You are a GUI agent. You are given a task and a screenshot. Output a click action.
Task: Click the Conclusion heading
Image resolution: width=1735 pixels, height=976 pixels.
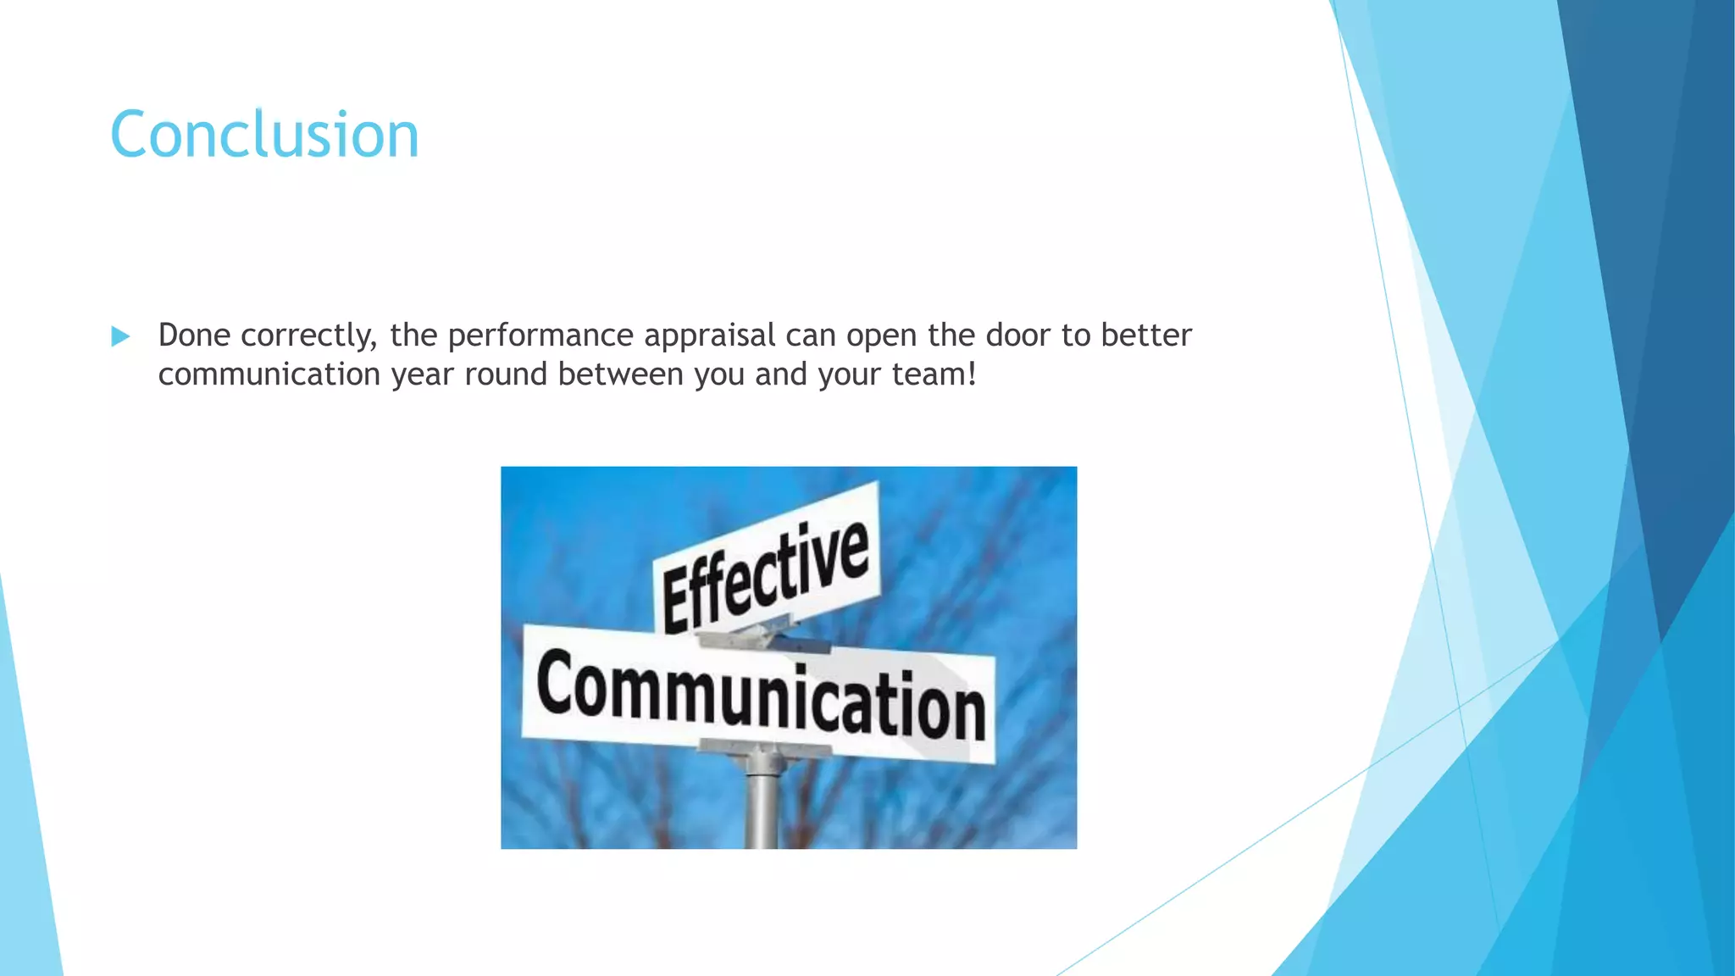point(264,135)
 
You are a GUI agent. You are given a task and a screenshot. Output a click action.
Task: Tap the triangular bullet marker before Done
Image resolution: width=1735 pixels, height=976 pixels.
point(120,336)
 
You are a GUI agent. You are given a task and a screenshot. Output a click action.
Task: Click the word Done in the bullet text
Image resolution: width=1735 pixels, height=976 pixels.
point(194,335)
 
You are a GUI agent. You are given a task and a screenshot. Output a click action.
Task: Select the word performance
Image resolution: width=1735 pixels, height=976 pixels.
point(540,336)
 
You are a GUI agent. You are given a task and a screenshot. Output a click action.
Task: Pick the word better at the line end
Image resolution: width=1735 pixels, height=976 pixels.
point(1145,335)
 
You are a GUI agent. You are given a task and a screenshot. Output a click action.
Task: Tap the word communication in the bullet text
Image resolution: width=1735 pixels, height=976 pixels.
point(269,374)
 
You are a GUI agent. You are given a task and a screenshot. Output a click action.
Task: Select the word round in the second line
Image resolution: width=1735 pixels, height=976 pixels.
point(506,374)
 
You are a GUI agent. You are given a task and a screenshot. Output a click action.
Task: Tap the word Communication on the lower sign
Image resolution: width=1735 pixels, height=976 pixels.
point(761,695)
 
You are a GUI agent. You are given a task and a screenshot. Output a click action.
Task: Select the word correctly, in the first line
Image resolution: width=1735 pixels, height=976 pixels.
point(309,336)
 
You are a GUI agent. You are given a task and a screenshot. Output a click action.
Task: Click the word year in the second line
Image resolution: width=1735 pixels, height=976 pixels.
point(422,374)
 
